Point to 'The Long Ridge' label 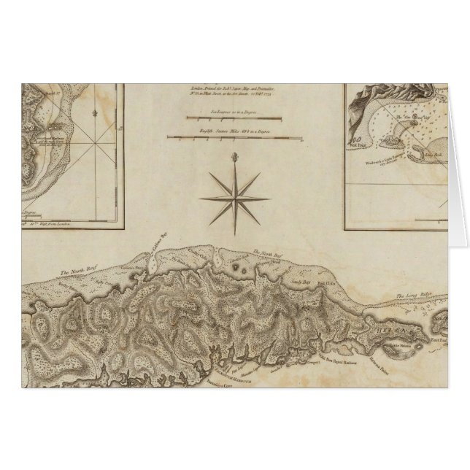(409, 296)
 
